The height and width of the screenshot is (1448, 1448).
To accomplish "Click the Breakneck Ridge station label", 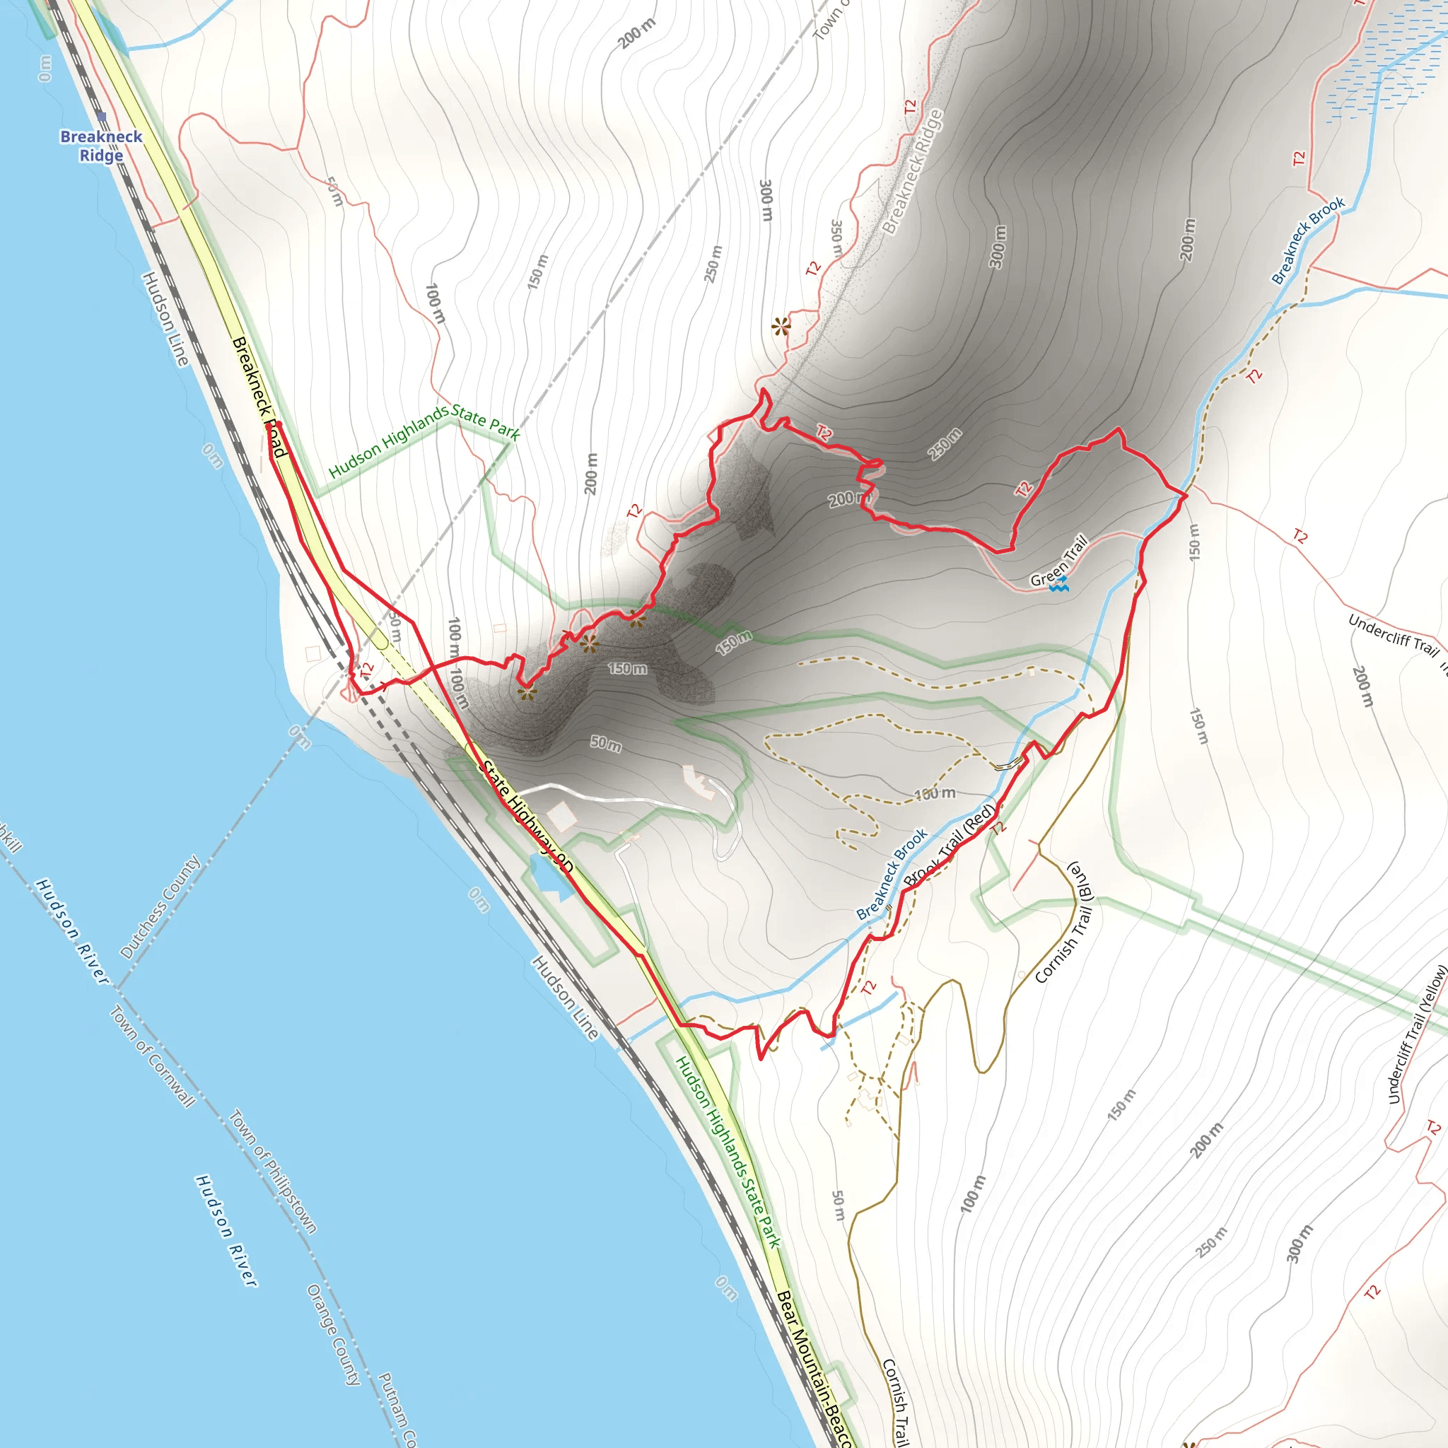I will point(101,146).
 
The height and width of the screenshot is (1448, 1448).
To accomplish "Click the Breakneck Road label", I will point(259,396).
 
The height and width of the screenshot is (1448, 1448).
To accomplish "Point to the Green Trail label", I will point(1058,560).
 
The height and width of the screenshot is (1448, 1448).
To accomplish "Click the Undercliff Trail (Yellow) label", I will point(1416,1034).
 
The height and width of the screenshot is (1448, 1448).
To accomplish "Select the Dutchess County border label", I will point(160,907).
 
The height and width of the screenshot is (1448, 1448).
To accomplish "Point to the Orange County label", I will point(334,1334).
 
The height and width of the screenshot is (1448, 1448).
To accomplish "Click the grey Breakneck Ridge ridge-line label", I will point(912,171).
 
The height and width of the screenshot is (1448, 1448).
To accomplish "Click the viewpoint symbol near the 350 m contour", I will point(781,327).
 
